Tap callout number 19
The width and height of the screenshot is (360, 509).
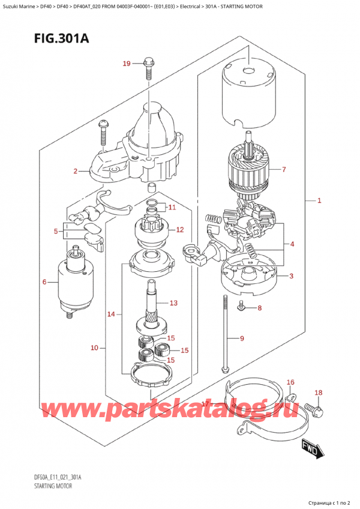click(x=127, y=64)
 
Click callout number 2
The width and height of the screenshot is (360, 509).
click(x=76, y=172)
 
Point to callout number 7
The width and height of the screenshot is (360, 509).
click(x=284, y=169)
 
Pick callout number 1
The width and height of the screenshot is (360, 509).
click(x=319, y=200)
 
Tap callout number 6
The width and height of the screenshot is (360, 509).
click(x=44, y=282)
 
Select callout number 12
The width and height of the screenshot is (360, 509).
click(x=179, y=230)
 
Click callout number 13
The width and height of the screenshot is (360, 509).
click(x=174, y=302)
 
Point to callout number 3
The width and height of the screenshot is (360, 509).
click(x=290, y=276)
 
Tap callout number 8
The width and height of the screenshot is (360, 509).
click(x=259, y=309)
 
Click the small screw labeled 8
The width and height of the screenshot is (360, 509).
click(x=241, y=307)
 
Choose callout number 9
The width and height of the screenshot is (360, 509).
click(x=242, y=339)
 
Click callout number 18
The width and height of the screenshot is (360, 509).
click(x=319, y=393)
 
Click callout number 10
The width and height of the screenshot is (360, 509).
click(x=94, y=348)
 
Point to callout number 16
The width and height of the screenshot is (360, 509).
click(x=290, y=382)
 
